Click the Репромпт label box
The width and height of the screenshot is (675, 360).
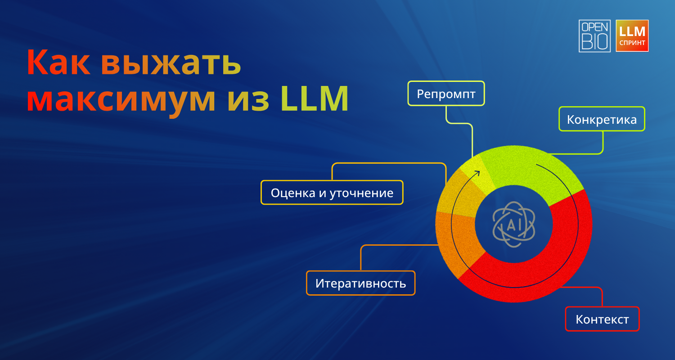pyautogui.click(x=446, y=94)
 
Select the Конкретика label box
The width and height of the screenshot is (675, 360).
pyautogui.click(x=602, y=119)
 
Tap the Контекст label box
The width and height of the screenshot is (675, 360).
pyautogui.click(x=602, y=319)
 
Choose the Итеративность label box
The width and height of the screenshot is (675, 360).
pyautogui.click(x=360, y=283)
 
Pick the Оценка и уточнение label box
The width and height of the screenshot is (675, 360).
pyautogui.click(x=332, y=193)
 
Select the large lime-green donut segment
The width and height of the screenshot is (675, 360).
pyautogui.click(x=535, y=173)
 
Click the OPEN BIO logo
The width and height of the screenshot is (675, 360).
pyautogui.click(x=594, y=36)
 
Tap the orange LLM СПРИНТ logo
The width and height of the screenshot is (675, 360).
pyautogui.click(x=632, y=36)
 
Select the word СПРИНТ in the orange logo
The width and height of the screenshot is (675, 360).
pyautogui.click(x=632, y=43)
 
